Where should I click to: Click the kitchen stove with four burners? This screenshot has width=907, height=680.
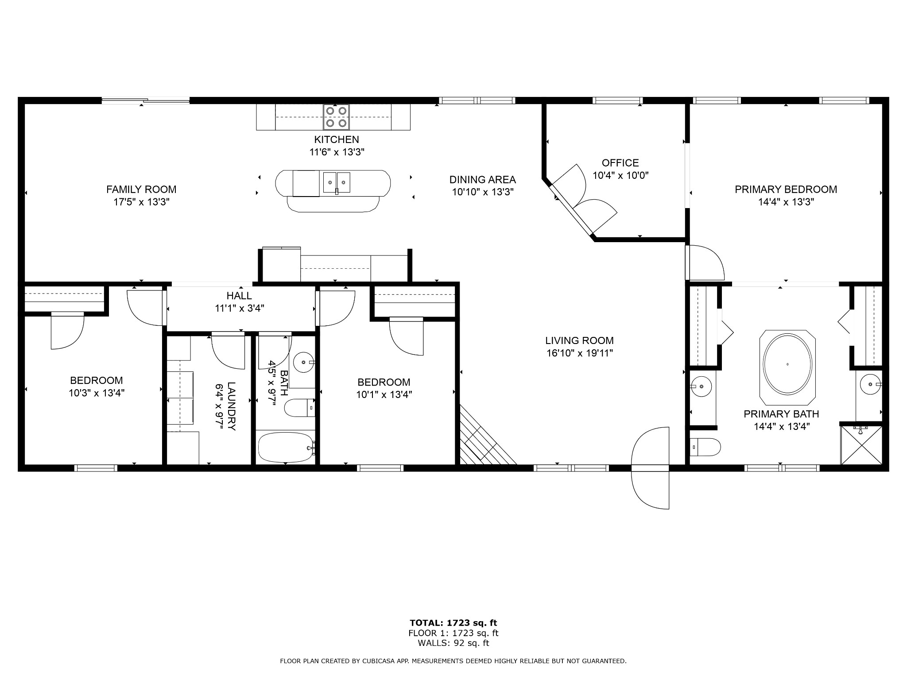(x=336, y=117)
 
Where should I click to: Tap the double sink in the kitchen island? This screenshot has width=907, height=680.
(x=337, y=182)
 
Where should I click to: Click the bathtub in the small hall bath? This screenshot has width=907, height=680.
(x=286, y=447)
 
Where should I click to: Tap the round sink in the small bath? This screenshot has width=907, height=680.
(x=304, y=362)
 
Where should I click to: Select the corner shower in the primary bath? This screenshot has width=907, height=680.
(x=861, y=445)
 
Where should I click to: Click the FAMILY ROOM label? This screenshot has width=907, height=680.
(x=141, y=189)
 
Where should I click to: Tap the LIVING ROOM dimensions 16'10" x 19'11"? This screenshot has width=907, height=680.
(x=579, y=353)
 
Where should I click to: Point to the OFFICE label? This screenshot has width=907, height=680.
(x=620, y=163)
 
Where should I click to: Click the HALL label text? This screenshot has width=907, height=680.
(x=239, y=296)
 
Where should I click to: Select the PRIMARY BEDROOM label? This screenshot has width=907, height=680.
(x=786, y=189)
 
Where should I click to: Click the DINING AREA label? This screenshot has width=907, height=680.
(x=483, y=180)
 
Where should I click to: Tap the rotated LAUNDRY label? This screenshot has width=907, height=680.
(x=231, y=406)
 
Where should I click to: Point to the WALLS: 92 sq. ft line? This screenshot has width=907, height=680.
(x=453, y=643)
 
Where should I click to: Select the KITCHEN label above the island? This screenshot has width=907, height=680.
(x=337, y=140)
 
